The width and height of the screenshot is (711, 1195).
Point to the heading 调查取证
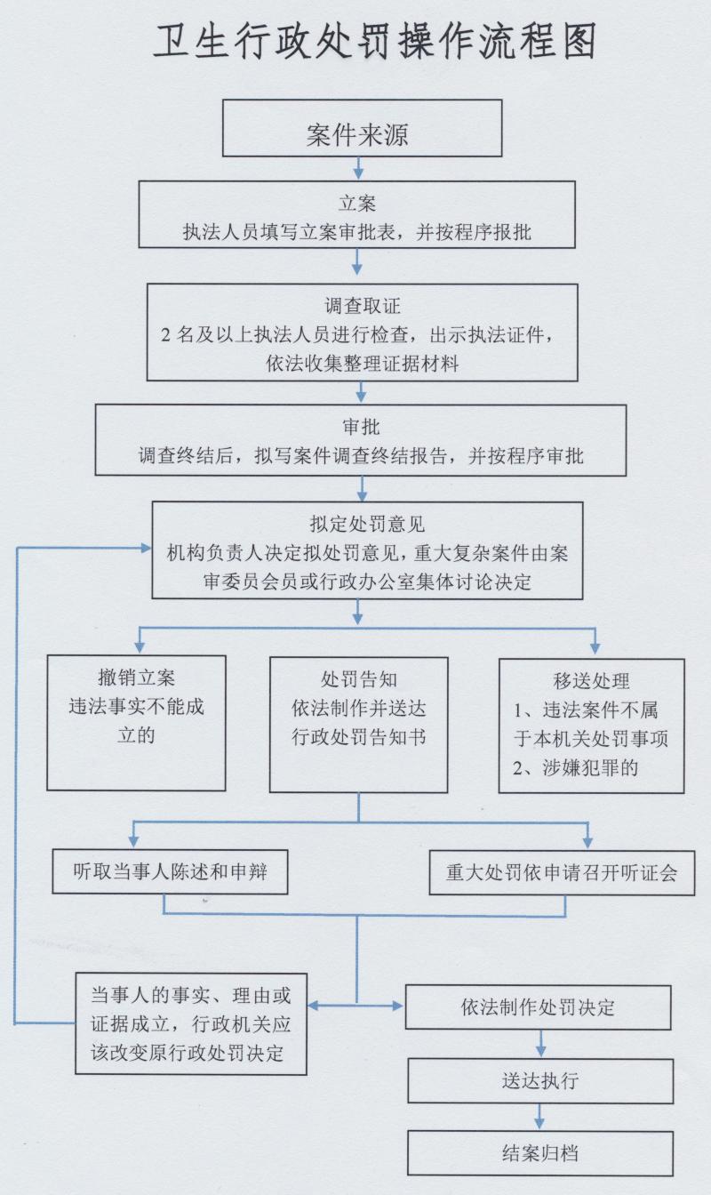[363, 306]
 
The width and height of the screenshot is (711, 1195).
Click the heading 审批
[361, 428]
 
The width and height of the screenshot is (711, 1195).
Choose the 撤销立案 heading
[136, 680]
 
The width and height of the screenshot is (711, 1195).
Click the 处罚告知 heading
[358, 680]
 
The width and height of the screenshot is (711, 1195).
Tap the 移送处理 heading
[591, 682]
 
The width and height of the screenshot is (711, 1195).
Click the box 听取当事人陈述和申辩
[171, 872]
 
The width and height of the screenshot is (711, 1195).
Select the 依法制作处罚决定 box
[539, 1007]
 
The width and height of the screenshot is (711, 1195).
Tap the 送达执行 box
[539, 1081]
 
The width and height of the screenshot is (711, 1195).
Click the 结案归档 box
[539, 1153]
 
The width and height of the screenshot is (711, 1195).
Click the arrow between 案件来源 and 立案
[357, 168]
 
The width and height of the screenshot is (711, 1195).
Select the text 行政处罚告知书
[358, 737]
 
